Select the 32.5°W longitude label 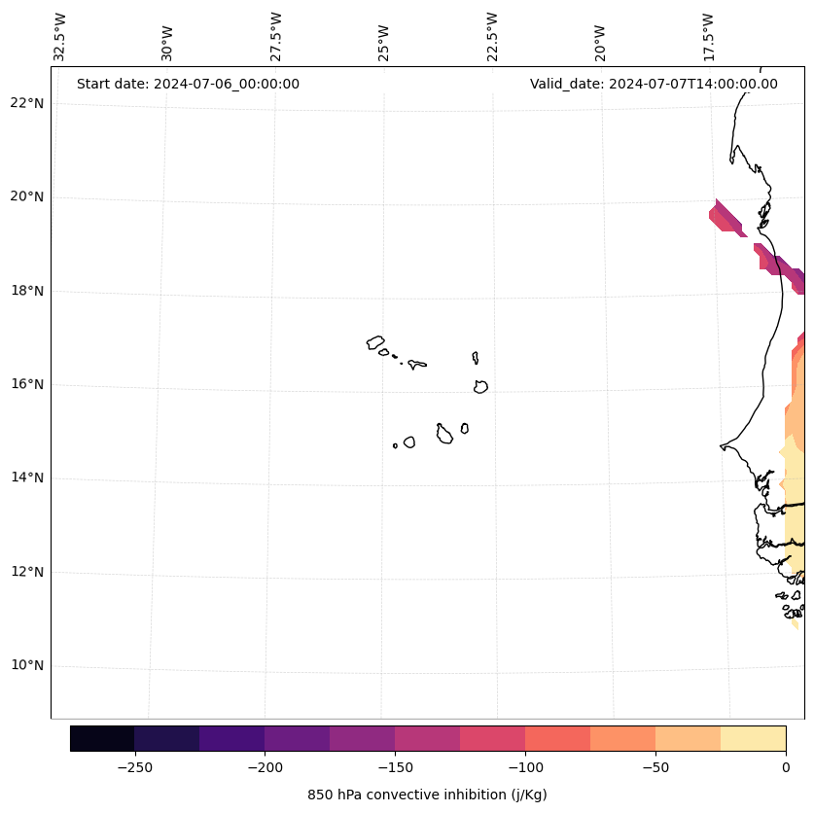tap(60, 37)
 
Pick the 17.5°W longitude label tap(708, 37)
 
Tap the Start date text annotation tap(188, 84)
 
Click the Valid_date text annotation tap(654, 84)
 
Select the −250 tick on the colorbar tap(134, 766)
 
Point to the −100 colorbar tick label tap(525, 766)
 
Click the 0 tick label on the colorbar tap(786, 766)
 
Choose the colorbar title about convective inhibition tap(427, 795)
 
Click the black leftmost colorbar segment tap(102, 738)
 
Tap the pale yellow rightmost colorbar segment tap(753, 738)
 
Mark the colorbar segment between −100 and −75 tap(557, 738)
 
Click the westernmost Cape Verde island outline tap(375, 342)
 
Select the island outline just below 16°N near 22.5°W tap(480, 387)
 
